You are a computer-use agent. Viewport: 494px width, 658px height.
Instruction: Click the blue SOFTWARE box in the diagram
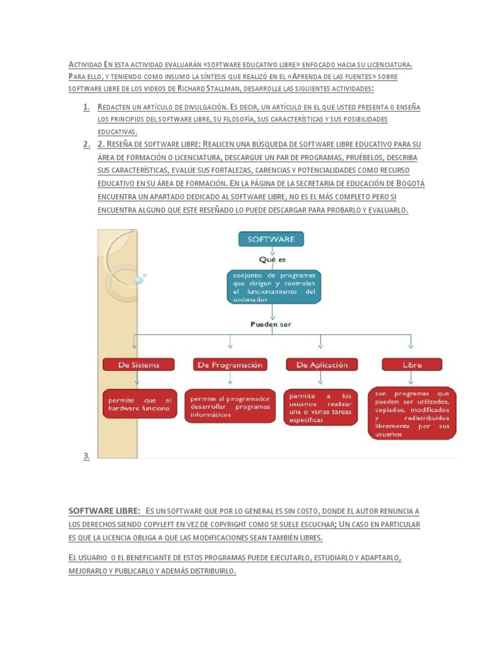coord(271,239)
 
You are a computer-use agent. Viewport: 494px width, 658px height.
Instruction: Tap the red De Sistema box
coord(138,364)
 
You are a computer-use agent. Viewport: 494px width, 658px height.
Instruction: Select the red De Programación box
coord(230,364)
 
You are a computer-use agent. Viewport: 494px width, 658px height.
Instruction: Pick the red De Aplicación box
coord(322,364)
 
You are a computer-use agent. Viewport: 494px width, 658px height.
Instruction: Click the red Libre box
coord(412,364)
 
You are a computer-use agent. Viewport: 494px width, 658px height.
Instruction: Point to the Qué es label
coord(272,260)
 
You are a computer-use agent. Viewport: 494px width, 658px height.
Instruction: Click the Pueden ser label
coord(271,325)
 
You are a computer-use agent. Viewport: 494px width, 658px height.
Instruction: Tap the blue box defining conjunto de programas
coord(273,287)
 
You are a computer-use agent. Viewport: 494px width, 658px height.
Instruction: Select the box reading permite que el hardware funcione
coord(140,404)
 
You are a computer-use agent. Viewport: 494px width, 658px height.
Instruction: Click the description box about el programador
coord(230,406)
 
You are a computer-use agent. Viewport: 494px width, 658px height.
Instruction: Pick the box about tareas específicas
coord(320,407)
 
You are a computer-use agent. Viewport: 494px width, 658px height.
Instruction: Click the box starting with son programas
coord(412,413)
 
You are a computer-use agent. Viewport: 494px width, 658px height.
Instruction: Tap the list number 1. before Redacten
coord(86,107)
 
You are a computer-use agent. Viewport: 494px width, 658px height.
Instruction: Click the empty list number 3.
coord(86,456)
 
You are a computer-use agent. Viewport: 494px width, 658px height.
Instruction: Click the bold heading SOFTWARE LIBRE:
coord(104,511)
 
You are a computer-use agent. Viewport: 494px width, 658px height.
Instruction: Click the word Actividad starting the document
coord(85,65)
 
